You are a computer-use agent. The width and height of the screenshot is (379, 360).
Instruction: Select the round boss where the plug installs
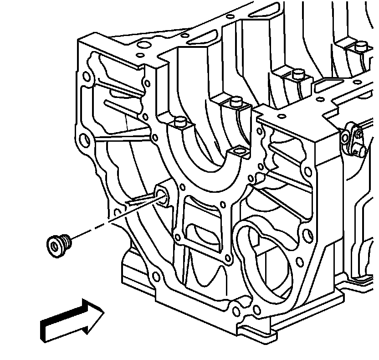162,195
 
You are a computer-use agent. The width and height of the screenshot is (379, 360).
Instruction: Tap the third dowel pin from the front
298,74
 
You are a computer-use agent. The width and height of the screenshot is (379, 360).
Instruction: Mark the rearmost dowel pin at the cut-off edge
361,46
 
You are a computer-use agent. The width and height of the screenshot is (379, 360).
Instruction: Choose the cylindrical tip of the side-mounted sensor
363,151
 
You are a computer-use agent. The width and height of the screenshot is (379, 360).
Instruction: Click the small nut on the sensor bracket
358,134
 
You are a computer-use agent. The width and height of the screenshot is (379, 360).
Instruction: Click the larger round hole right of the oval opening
299,262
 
